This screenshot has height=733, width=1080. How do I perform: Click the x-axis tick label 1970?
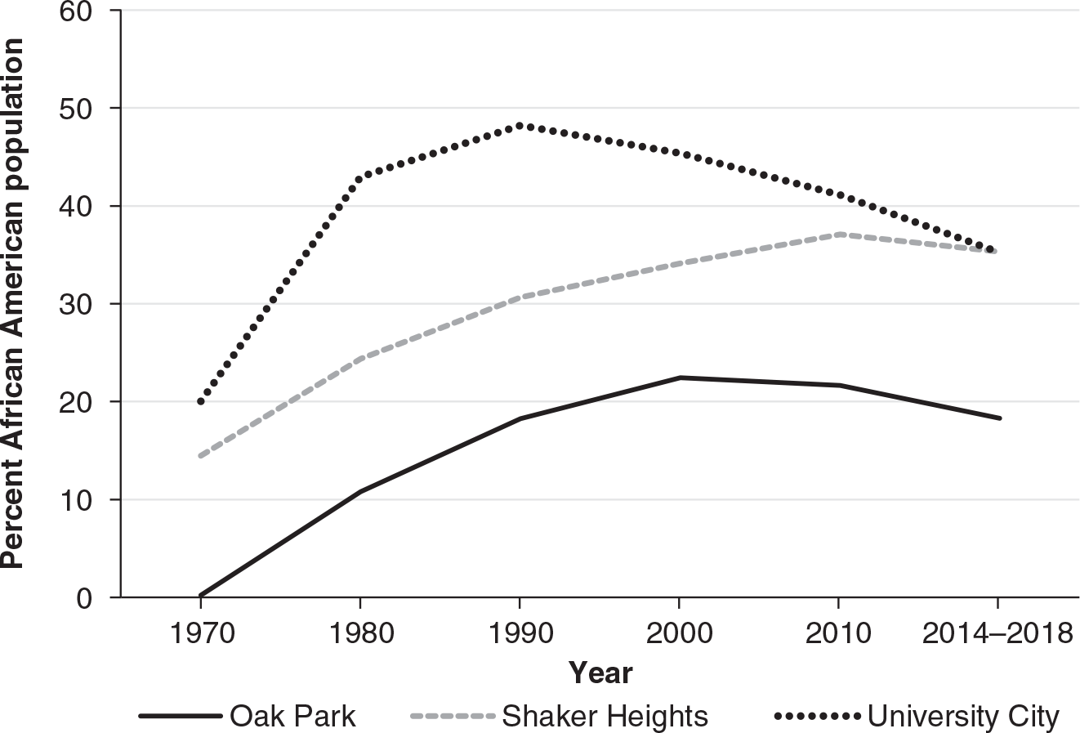click(x=200, y=633)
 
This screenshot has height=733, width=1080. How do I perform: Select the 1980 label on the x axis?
click(x=359, y=633)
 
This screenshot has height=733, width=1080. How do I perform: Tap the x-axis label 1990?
click(x=519, y=633)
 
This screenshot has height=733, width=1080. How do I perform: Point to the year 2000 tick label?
click(x=678, y=633)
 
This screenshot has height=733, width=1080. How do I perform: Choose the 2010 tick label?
click(x=837, y=633)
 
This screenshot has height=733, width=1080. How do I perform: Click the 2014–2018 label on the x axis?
click(x=996, y=633)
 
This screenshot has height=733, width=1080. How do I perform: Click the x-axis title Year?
click(x=600, y=673)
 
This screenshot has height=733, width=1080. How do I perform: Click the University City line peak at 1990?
click(x=520, y=125)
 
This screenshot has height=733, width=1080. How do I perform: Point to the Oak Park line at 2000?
click(x=678, y=378)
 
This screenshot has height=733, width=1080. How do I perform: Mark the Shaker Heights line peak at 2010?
click(x=837, y=234)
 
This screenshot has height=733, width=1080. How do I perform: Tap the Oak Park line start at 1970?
click(x=201, y=595)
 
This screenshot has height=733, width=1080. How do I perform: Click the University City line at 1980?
click(x=359, y=177)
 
